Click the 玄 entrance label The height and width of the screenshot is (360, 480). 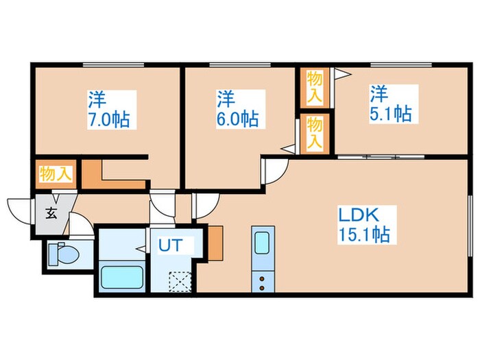(x=51, y=213)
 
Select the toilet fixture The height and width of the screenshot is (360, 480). (x=64, y=254)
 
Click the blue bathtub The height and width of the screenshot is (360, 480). (x=122, y=278)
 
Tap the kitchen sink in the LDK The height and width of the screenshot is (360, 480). (x=263, y=244)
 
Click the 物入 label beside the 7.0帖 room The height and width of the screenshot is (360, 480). (x=55, y=173)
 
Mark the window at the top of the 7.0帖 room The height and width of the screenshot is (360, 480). (x=113, y=64)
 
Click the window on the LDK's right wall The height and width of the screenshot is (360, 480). (x=470, y=226)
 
